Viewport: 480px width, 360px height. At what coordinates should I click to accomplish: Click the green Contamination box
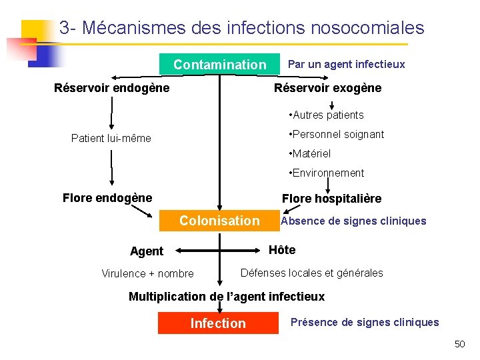(219, 65)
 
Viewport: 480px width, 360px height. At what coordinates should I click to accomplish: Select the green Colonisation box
(219, 221)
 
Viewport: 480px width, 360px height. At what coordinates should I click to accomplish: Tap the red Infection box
(218, 323)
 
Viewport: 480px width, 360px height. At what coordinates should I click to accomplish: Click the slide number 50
(459, 344)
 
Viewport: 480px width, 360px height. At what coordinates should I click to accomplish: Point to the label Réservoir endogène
(111, 88)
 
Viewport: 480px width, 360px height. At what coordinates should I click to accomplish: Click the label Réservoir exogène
(328, 88)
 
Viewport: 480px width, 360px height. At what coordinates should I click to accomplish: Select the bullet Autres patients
(326, 115)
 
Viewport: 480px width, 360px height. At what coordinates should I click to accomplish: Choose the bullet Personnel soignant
(336, 134)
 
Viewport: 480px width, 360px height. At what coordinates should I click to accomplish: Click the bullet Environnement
(326, 173)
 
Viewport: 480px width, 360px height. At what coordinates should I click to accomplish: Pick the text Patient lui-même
(111, 139)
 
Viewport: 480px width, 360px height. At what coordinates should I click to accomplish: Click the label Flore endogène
(107, 197)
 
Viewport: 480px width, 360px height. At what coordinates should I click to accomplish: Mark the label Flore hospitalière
(332, 198)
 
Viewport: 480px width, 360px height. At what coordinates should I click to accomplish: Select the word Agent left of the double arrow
(147, 251)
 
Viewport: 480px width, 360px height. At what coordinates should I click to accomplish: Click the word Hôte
(281, 250)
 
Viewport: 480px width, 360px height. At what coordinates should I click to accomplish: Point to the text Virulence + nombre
(147, 273)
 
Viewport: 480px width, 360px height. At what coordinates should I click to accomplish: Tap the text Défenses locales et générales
(311, 273)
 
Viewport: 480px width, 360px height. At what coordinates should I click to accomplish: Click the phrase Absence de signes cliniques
(353, 221)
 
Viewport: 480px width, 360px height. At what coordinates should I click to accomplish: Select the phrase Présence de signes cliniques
(365, 323)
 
